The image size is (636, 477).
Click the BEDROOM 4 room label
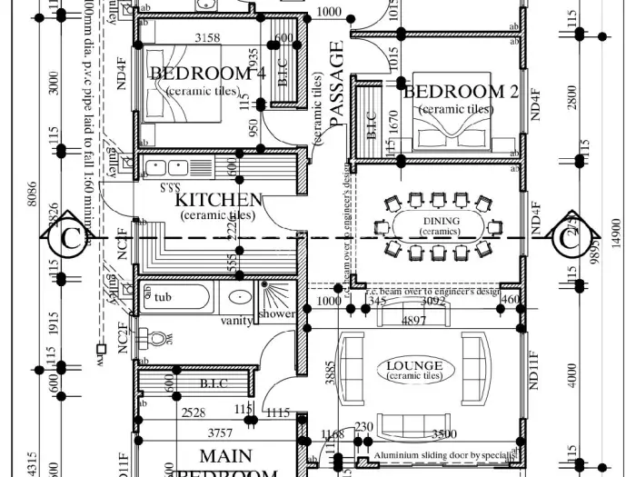(x=207, y=73)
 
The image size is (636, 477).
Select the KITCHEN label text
(x=219, y=199)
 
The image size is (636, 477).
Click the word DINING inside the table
(x=441, y=221)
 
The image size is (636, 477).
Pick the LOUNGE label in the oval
(x=414, y=366)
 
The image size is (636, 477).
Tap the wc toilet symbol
(x=159, y=340)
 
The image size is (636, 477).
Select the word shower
(x=276, y=314)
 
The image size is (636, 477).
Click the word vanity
(x=236, y=321)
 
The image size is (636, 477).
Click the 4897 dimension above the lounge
(x=413, y=321)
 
